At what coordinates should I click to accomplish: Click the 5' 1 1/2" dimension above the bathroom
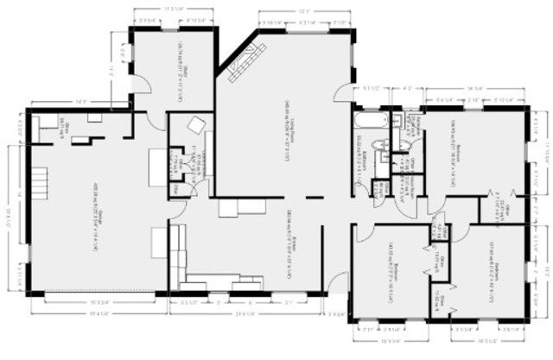coord(372,88)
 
